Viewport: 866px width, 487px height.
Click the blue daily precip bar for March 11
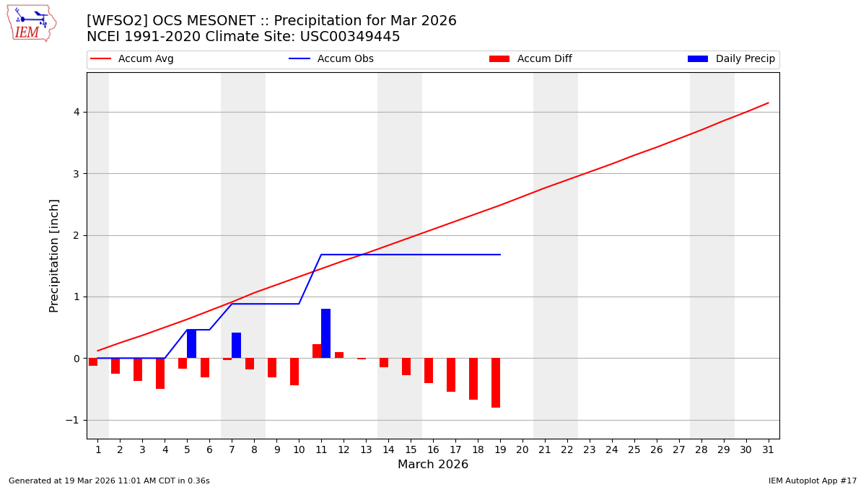coord(325,333)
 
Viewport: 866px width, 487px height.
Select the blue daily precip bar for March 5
coord(191,343)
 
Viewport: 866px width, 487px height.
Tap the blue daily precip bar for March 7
coord(236,345)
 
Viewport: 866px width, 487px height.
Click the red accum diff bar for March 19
coord(496,382)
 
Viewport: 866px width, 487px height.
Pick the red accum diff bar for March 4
coord(160,373)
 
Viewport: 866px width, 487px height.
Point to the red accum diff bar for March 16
coord(429,370)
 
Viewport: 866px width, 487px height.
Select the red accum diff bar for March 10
coord(294,372)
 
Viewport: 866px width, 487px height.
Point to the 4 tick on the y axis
coord(75,112)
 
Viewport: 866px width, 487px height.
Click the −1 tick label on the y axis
coord(72,420)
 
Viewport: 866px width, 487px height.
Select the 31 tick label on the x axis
coord(768,449)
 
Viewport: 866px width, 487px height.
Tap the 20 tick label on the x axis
coord(522,449)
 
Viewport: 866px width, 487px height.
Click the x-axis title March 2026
coord(433,465)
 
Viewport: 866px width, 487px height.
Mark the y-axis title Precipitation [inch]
coord(54,255)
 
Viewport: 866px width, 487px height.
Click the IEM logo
coord(31,23)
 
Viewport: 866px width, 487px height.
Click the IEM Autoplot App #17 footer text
coord(813,481)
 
